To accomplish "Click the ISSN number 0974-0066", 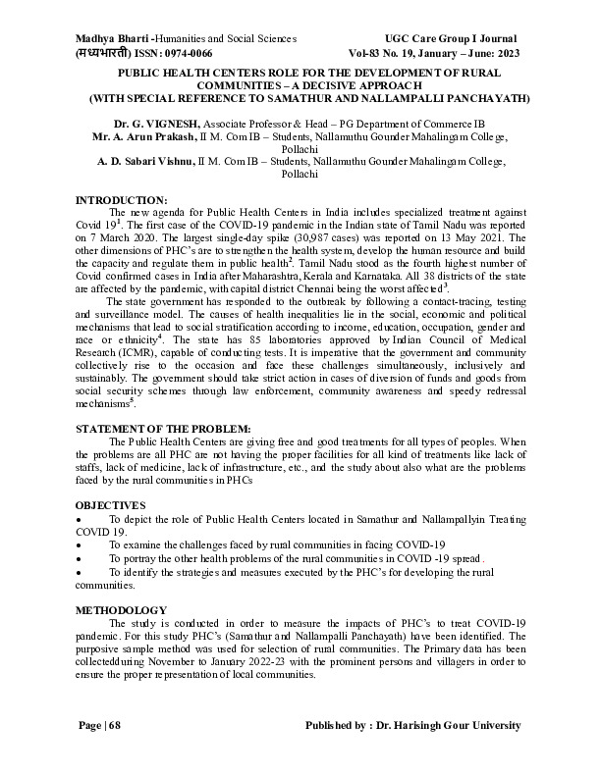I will [x=185, y=52].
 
